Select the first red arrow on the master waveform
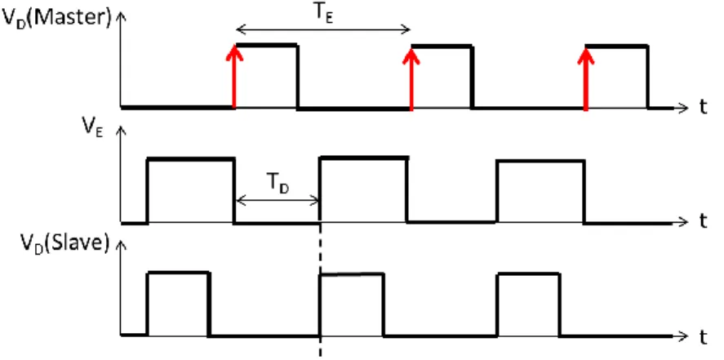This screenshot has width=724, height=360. tap(234, 77)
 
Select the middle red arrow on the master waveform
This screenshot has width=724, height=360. tap(411, 78)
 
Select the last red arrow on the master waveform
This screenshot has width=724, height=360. tap(586, 78)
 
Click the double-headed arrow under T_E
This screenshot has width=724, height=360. tap(323, 31)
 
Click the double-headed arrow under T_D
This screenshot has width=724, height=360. tap(278, 201)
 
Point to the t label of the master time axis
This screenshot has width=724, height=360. tap(702, 109)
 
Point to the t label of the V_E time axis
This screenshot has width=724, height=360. tap(702, 223)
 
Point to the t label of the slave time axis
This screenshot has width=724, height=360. tap(702, 337)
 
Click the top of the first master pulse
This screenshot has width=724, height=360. tap(266, 45)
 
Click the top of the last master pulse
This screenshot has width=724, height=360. tap(617, 47)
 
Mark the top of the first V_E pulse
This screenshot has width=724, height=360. tap(191, 159)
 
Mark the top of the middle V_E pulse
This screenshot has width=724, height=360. tap(364, 158)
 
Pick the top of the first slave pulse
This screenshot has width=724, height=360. tap(178, 273)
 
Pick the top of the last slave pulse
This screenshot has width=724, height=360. tap(529, 274)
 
